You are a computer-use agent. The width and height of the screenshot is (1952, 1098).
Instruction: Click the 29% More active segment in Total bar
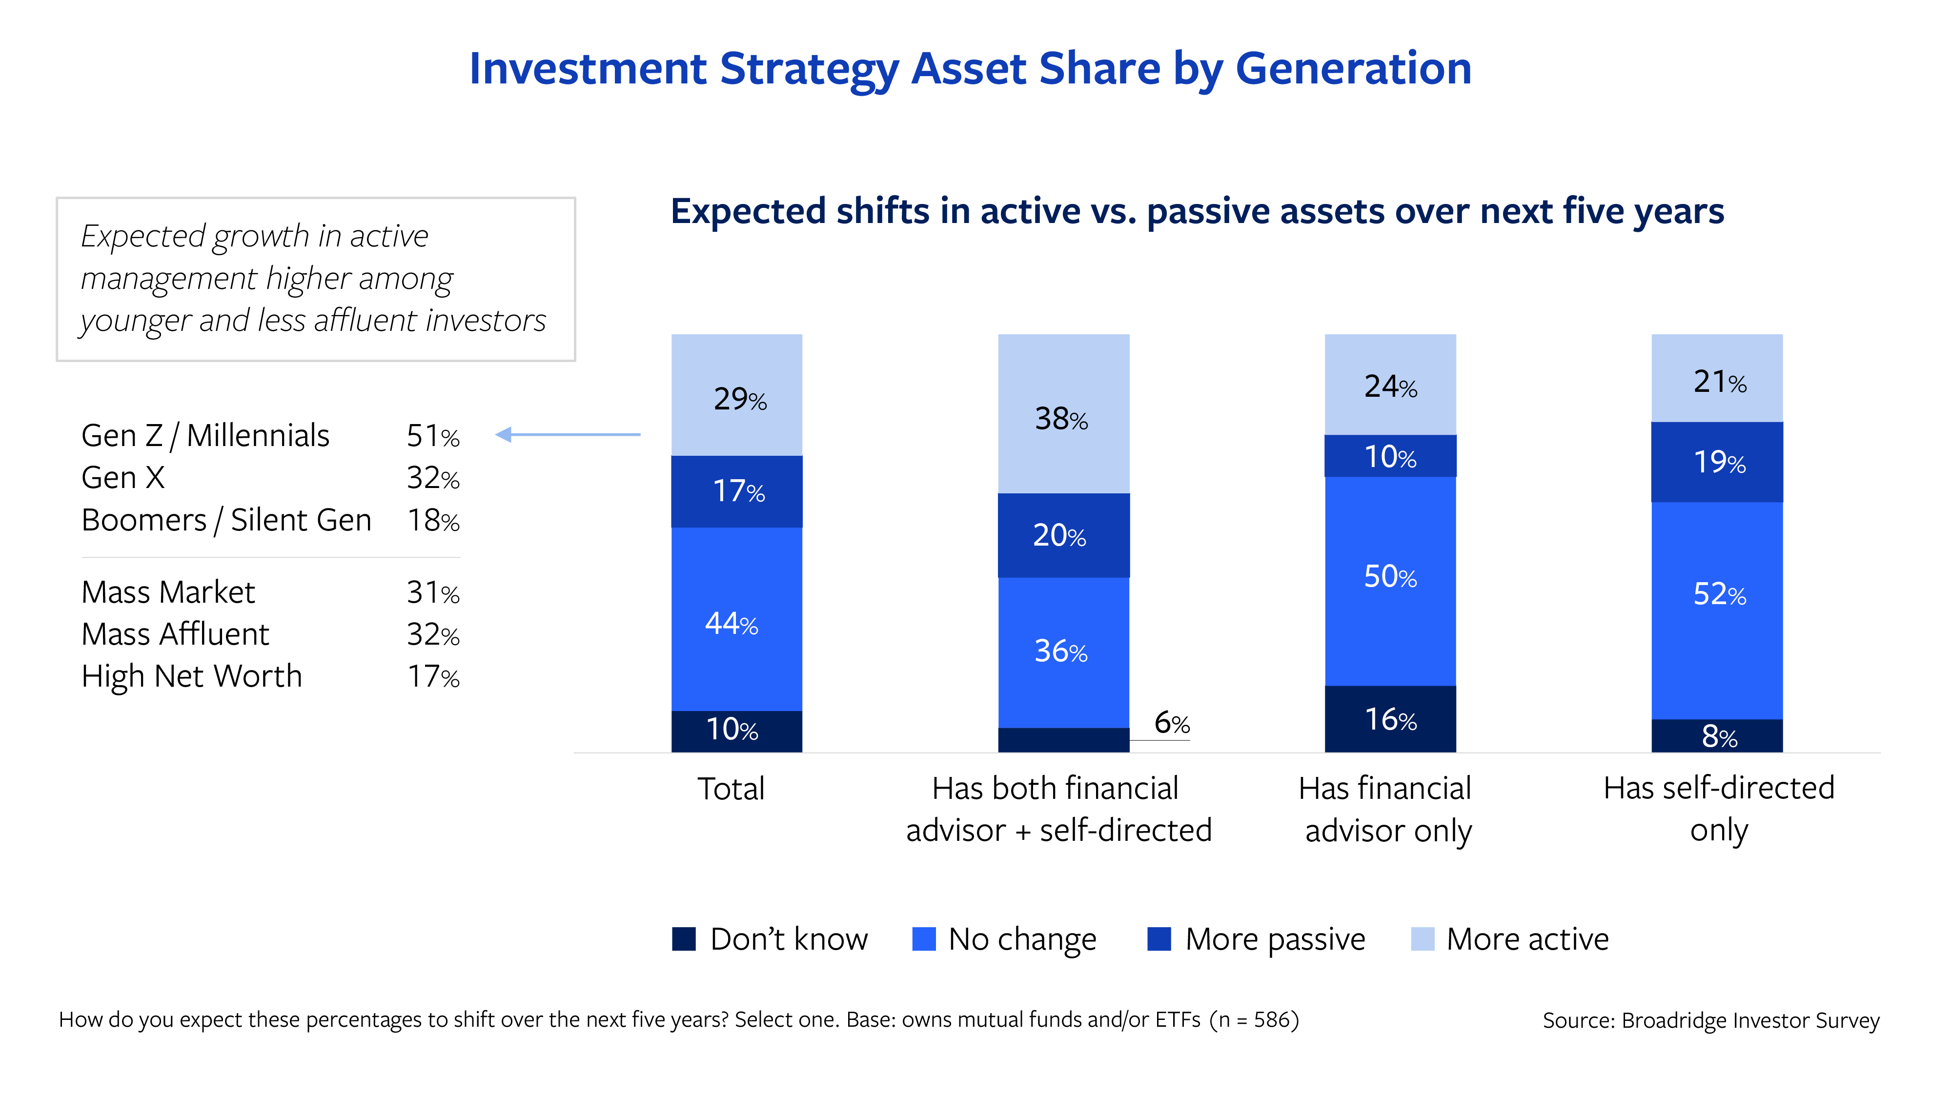pyautogui.click(x=736, y=396)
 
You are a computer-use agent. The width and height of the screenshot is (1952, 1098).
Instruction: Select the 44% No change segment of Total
pyautogui.click(x=736, y=620)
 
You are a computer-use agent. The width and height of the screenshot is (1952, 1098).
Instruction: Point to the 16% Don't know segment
pyautogui.click(x=1390, y=718)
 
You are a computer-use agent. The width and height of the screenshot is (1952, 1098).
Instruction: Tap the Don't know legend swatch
pyautogui.click(x=684, y=939)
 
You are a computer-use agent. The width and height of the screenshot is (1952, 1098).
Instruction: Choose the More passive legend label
pyautogui.click(x=1275, y=939)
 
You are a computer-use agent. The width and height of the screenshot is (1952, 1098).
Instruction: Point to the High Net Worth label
pyautogui.click(x=192, y=676)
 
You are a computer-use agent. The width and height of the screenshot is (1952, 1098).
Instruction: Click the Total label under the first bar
pyautogui.click(x=731, y=789)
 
